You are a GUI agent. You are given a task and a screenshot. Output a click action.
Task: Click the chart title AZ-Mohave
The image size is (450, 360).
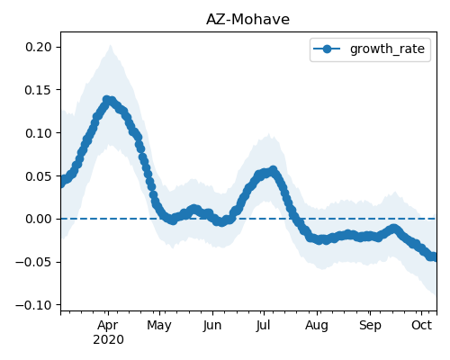coord(247,20)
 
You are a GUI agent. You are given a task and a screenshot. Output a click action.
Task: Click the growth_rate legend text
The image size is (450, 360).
coord(387,49)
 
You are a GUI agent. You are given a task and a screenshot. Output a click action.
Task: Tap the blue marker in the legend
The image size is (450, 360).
coord(327,49)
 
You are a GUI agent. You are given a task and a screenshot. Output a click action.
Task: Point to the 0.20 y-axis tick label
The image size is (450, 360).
coord(38,47)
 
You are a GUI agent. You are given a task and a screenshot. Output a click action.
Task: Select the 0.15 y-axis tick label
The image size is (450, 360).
coord(38,90)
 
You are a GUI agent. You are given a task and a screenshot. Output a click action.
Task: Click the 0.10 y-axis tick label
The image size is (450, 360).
coord(38,133)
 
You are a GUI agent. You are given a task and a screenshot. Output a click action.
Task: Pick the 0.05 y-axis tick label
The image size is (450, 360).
coord(38,176)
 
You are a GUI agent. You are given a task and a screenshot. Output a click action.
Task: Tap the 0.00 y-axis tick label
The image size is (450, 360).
coord(38,219)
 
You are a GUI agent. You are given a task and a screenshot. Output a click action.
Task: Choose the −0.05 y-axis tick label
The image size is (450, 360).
coord(33,262)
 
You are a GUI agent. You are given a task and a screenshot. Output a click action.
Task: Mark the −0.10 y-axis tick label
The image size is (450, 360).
coord(33,305)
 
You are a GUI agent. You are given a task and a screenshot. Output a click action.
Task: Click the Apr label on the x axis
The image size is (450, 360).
coord(108,326)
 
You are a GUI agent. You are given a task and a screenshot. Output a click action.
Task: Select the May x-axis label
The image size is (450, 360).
coord(159,326)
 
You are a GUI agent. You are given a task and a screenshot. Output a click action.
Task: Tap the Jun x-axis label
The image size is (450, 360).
coord(212,326)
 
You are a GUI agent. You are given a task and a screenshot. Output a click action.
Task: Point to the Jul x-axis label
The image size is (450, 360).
coord(264,325)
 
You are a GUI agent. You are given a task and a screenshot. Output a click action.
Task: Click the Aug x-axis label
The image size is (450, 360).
coord(317,326)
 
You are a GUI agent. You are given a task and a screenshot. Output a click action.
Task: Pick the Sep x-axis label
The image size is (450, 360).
coord(370,326)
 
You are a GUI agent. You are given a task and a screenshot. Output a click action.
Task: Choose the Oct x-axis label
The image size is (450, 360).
coord(422,325)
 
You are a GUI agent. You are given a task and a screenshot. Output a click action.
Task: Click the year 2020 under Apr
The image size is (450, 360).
coord(108,340)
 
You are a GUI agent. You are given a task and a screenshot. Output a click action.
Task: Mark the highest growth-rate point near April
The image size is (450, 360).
coord(106,99)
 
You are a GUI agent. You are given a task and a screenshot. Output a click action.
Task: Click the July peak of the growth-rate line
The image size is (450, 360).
coord(274,170)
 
